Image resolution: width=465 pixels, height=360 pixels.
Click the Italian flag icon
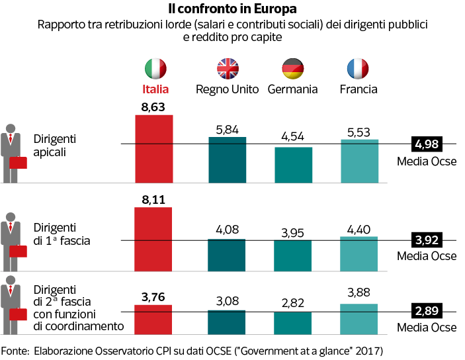click(x=156, y=68)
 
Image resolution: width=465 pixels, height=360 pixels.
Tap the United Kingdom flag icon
click(x=227, y=68)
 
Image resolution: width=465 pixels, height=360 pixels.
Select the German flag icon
click(x=292, y=68)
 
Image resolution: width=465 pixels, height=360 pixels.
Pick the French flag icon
click(x=358, y=68)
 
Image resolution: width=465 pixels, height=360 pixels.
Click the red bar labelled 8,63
click(x=154, y=148)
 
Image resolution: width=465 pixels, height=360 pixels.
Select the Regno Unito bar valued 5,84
click(x=227, y=159)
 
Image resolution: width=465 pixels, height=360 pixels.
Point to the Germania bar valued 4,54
click(x=293, y=164)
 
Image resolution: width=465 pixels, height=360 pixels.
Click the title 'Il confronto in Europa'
click(x=232, y=9)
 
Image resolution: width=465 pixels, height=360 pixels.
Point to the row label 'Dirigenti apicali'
click(x=56, y=145)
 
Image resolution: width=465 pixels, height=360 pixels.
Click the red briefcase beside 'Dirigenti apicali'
click(x=19, y=163)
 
